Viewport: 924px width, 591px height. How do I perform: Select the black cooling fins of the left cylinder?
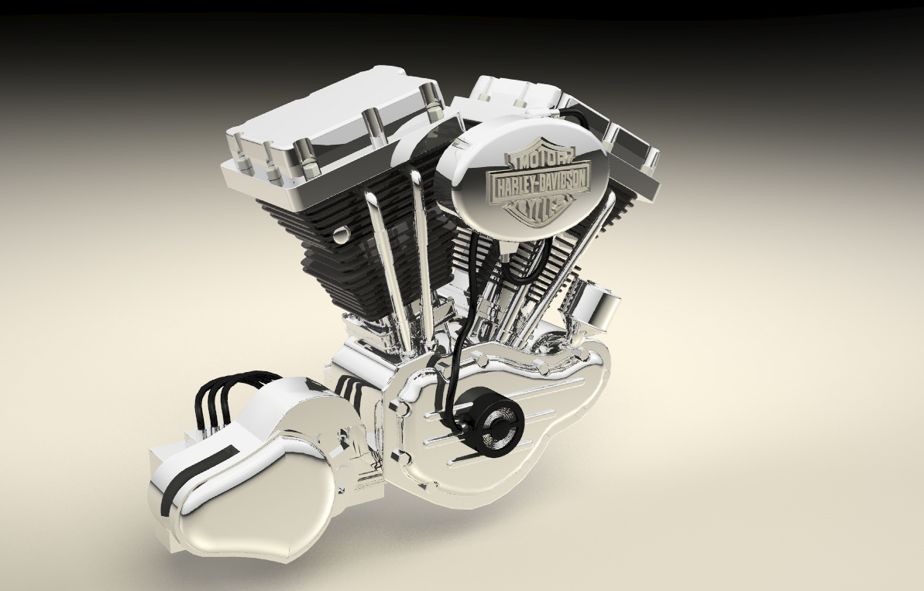(x=325, y=248)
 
